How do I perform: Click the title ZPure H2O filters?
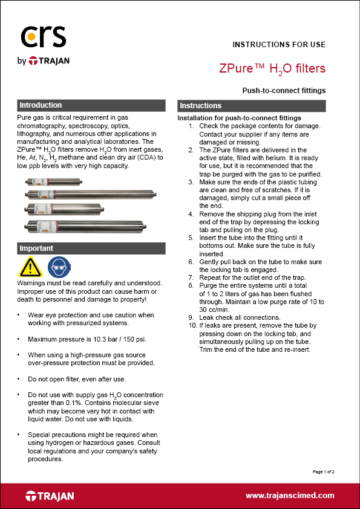click(272, 68)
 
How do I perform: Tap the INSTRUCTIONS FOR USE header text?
click(279, 45)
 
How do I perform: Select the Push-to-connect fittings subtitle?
click(284, 91)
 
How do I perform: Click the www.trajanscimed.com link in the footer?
click(289, 496)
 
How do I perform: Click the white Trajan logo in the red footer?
click(50, 496)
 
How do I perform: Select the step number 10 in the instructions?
click(192, 325)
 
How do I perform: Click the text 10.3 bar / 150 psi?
click(119, 339)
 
